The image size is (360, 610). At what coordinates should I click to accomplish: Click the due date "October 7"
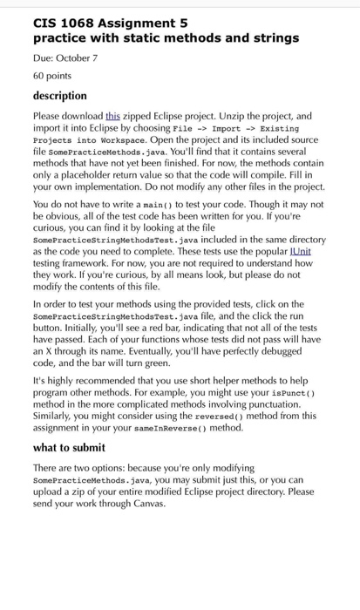pyautogui.click(x=78, y=58)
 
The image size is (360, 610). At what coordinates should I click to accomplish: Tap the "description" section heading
pyautogui.click(x=60, y=95)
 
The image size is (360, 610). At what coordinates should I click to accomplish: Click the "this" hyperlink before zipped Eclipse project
pyautogui.click(x=112, y=115)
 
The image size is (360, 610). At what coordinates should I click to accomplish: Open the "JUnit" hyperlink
pyautogui.click(x=296, y=250)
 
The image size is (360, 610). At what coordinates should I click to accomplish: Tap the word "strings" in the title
pyautogui.click(x=272, y=38)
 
